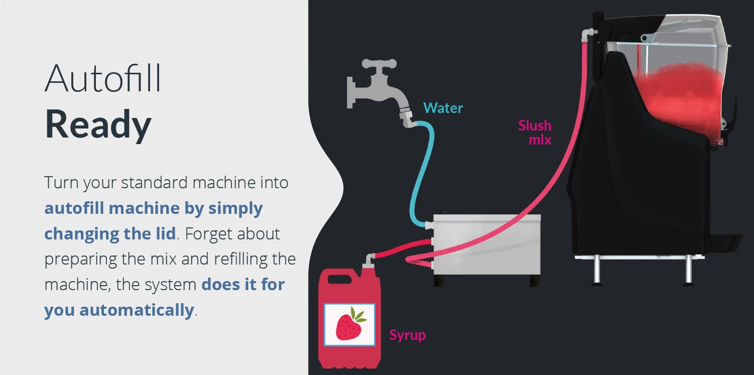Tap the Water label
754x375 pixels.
(443, 108)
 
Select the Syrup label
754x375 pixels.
(407, 335)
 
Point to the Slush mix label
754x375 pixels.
(535, 132)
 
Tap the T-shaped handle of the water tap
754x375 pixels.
(379, 64)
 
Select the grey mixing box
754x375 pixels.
(486, 249)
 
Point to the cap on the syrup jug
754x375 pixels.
(369, 259)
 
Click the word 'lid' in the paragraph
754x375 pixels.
(164, 233)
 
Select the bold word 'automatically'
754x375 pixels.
(136, 310)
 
